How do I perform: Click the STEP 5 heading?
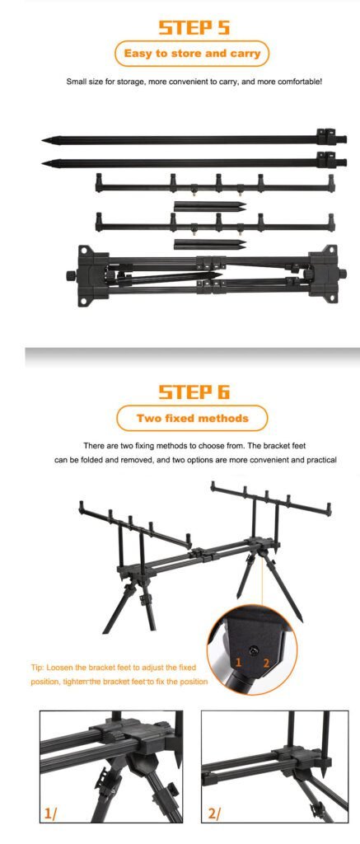[x=194, y=27]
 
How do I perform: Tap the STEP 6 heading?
[x=194, y=392]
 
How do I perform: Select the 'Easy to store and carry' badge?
[x=192, y=54]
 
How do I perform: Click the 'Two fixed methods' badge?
[x=192, y=418]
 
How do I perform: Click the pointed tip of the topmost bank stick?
[x=43, y=141]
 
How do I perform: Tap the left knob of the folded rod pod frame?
[x=71, y=275]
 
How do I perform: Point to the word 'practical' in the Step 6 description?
[x=321, y=460]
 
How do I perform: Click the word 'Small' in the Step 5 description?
[x=76, y=82]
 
